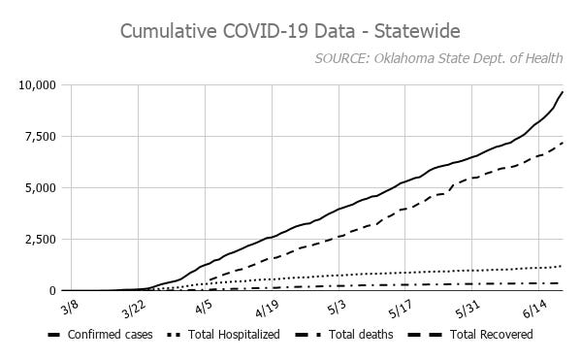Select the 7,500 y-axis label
click(x=42, y=137)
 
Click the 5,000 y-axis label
click(x=42, y=188)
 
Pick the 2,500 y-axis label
click(x=42, y=240)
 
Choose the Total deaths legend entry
click(x=354, y=335)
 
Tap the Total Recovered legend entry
click(x=480, y=335)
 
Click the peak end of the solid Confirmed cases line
click(x=563, y=92)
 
